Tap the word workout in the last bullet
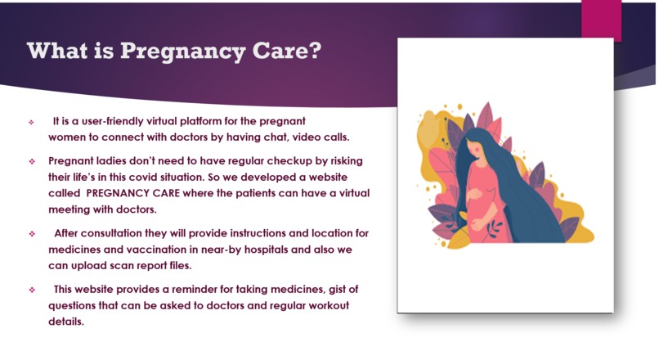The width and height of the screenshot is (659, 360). (312, 305)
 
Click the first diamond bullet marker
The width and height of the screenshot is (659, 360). (31, 122)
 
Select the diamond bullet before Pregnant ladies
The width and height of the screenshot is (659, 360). (31, 160)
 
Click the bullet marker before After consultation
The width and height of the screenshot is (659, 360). (31, 234)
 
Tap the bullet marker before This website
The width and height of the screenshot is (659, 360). (31, 290)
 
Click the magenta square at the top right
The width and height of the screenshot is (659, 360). (601, 19)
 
